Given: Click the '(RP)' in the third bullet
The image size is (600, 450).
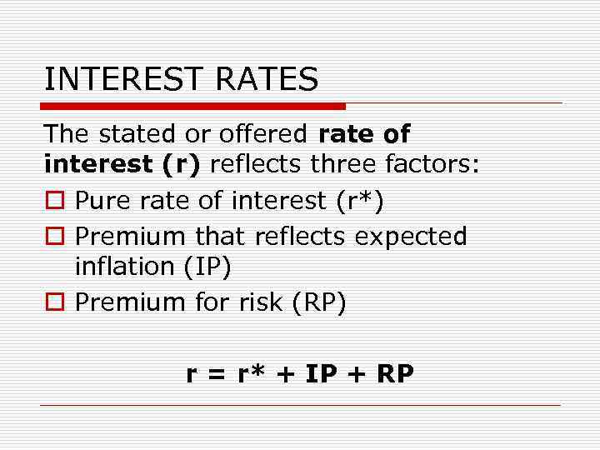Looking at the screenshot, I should (318, 302).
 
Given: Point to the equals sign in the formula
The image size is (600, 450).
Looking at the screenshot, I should (217, 375).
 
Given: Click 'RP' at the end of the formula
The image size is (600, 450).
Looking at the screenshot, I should (395, 374).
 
